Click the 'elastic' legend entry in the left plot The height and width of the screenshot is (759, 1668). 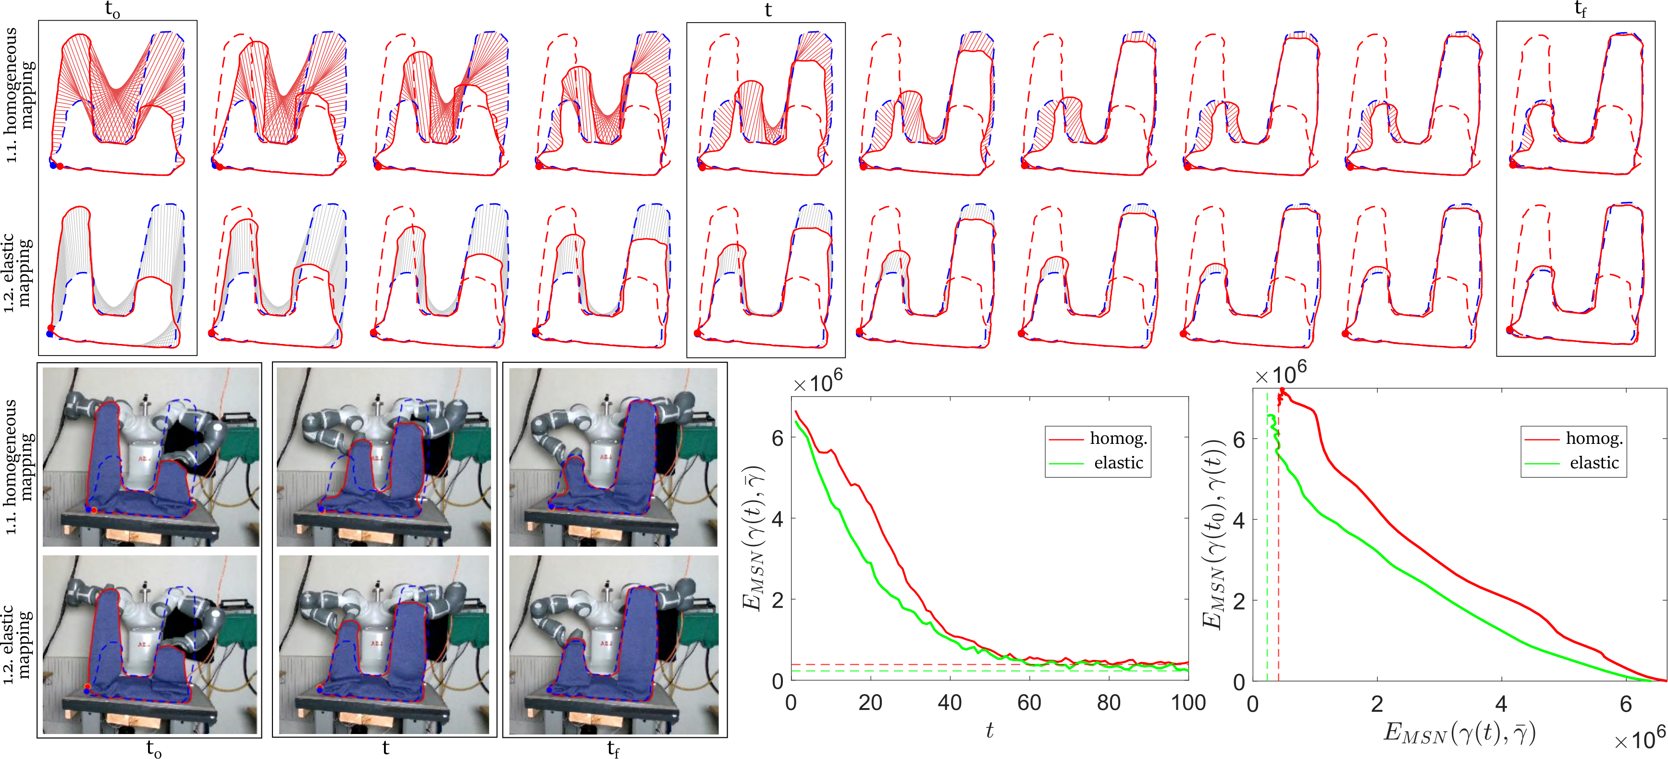point(1118,463)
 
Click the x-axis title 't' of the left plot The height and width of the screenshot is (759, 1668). point(989,731)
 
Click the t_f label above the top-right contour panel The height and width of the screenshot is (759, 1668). point(1580,10)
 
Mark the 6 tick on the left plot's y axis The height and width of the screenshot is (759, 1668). point(778,438)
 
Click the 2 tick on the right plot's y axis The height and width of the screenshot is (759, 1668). point(1239,600)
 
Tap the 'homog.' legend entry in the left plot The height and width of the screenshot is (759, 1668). point(1118,439)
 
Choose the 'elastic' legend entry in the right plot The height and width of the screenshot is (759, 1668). point(1594,463)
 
